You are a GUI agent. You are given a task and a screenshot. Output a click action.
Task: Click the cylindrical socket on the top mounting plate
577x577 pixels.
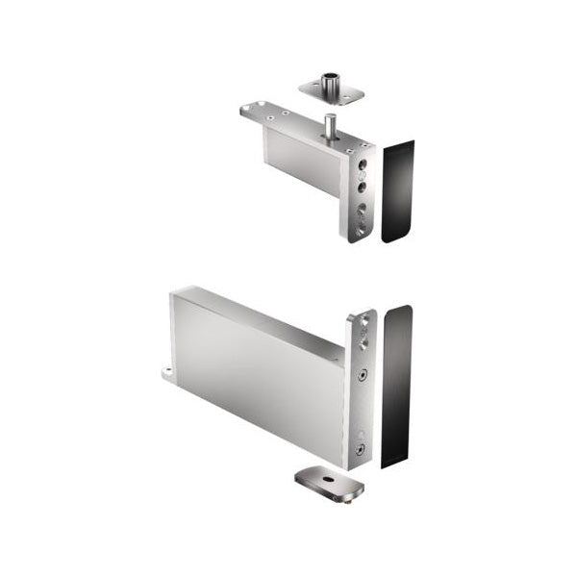tap(332, 79)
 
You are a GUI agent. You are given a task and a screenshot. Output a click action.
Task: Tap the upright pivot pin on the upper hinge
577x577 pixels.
tap(329, 125)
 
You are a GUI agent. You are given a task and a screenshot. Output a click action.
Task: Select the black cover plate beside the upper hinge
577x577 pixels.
tap(397, 190)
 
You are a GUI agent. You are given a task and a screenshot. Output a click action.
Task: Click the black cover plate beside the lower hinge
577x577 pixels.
tap(396, 385)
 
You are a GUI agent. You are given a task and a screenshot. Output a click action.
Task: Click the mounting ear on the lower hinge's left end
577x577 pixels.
tap(167, 372)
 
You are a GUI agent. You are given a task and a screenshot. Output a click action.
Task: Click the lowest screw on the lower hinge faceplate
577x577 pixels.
tap(359, 448)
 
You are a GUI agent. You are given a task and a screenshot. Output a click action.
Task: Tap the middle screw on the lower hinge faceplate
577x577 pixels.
tap(362, 375)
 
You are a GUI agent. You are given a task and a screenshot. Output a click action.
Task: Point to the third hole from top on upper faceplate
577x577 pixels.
tap(361, 208)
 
